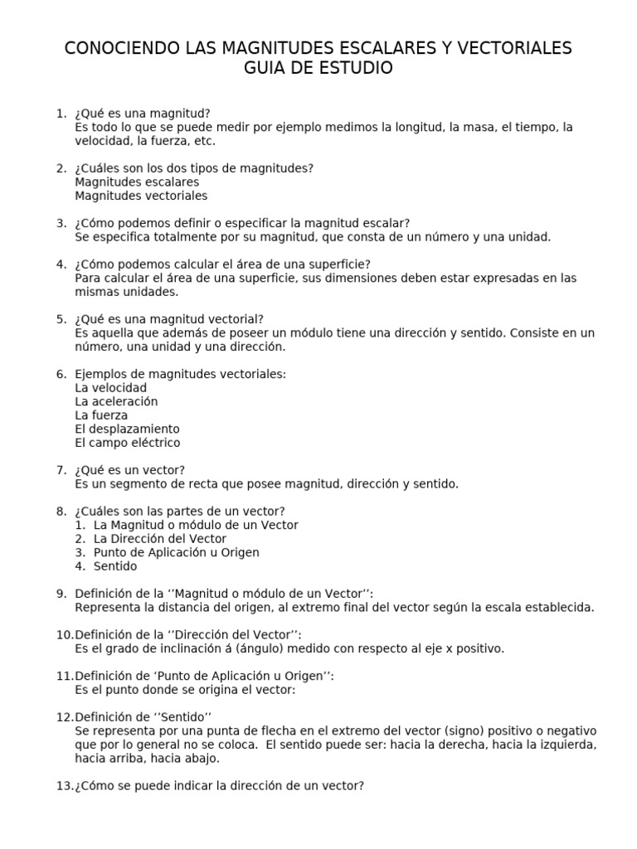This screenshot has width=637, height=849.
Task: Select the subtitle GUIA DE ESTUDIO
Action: click(318, 69)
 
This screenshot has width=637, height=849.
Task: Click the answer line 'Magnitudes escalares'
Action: click(137, 182)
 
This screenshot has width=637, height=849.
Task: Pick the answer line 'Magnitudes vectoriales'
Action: click(141, 196)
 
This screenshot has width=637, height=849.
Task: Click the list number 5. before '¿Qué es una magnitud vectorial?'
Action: click(61, 319)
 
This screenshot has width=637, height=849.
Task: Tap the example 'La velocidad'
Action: click(110, 388)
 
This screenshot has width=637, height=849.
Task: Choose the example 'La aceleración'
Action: click(116, 401)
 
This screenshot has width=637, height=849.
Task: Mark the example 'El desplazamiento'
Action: click(127, 429)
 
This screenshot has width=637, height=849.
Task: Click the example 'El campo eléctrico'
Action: click(127, 443)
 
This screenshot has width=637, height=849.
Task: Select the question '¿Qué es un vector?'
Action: click(129, 470)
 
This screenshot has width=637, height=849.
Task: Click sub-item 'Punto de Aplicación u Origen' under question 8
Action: click(176, 552)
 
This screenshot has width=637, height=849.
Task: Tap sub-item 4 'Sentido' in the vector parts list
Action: click(115, 566)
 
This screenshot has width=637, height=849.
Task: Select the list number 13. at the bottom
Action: click(65, 785)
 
